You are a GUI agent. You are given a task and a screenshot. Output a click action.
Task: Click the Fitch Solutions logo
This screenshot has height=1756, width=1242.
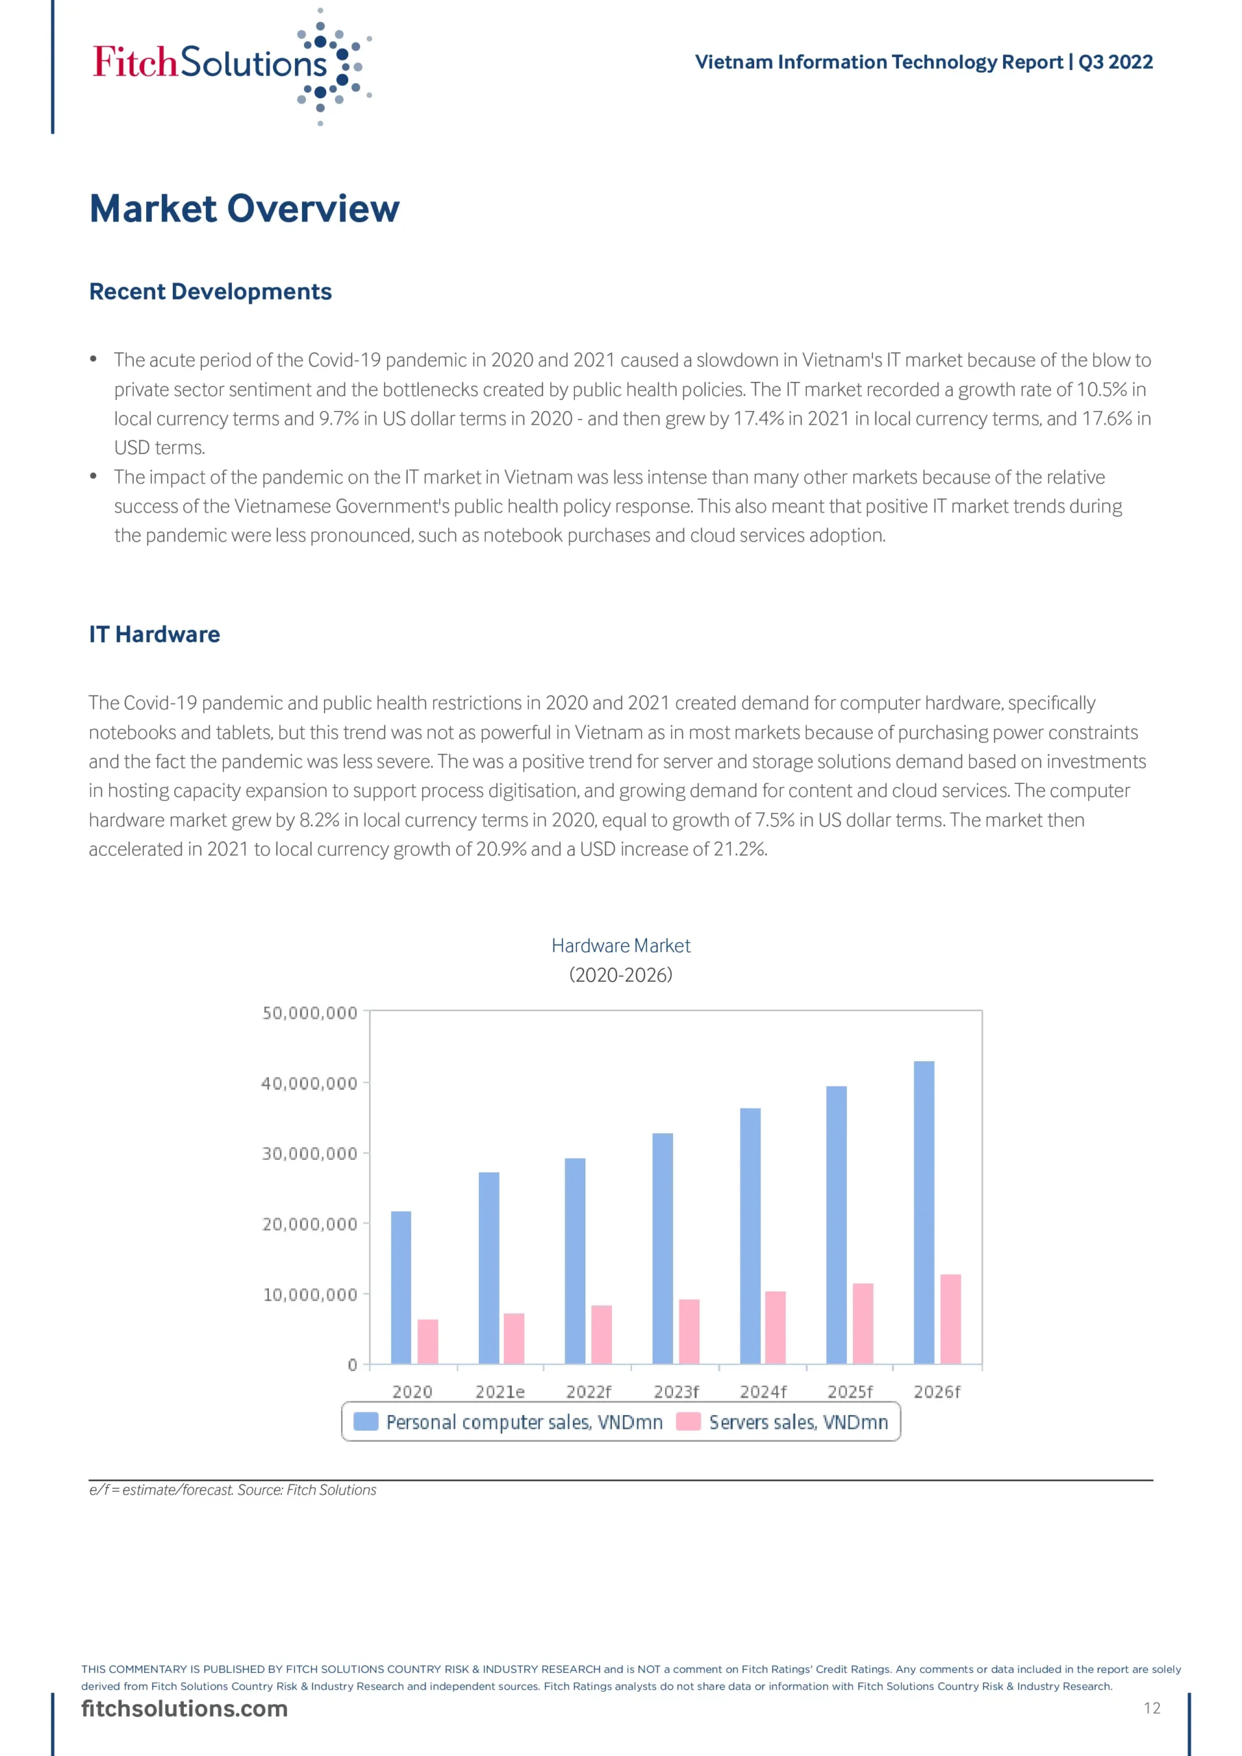point(230,65)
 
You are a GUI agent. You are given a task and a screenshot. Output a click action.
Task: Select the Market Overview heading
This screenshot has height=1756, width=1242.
point(244,209)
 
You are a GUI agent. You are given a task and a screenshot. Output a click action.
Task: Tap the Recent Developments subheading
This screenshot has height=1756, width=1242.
point(211,292)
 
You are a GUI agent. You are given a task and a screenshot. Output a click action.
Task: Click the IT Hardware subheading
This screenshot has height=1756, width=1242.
point(154,634)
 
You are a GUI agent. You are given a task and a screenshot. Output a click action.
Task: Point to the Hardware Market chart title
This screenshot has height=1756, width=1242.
point(620,946)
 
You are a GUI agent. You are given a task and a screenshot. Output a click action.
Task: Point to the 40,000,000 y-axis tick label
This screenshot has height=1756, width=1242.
point(310,1083)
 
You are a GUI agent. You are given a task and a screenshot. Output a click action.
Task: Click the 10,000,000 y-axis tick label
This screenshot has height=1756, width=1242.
point(310,1295)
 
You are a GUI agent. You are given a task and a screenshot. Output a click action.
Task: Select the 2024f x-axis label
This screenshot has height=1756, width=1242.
point(763,1392)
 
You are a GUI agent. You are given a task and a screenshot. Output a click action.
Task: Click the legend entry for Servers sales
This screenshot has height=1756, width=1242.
point(798,1423)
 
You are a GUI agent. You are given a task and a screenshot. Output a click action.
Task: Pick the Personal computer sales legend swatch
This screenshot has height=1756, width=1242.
point(366,1422)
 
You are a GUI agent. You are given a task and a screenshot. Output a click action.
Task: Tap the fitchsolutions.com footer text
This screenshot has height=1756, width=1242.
point(185,1709)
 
